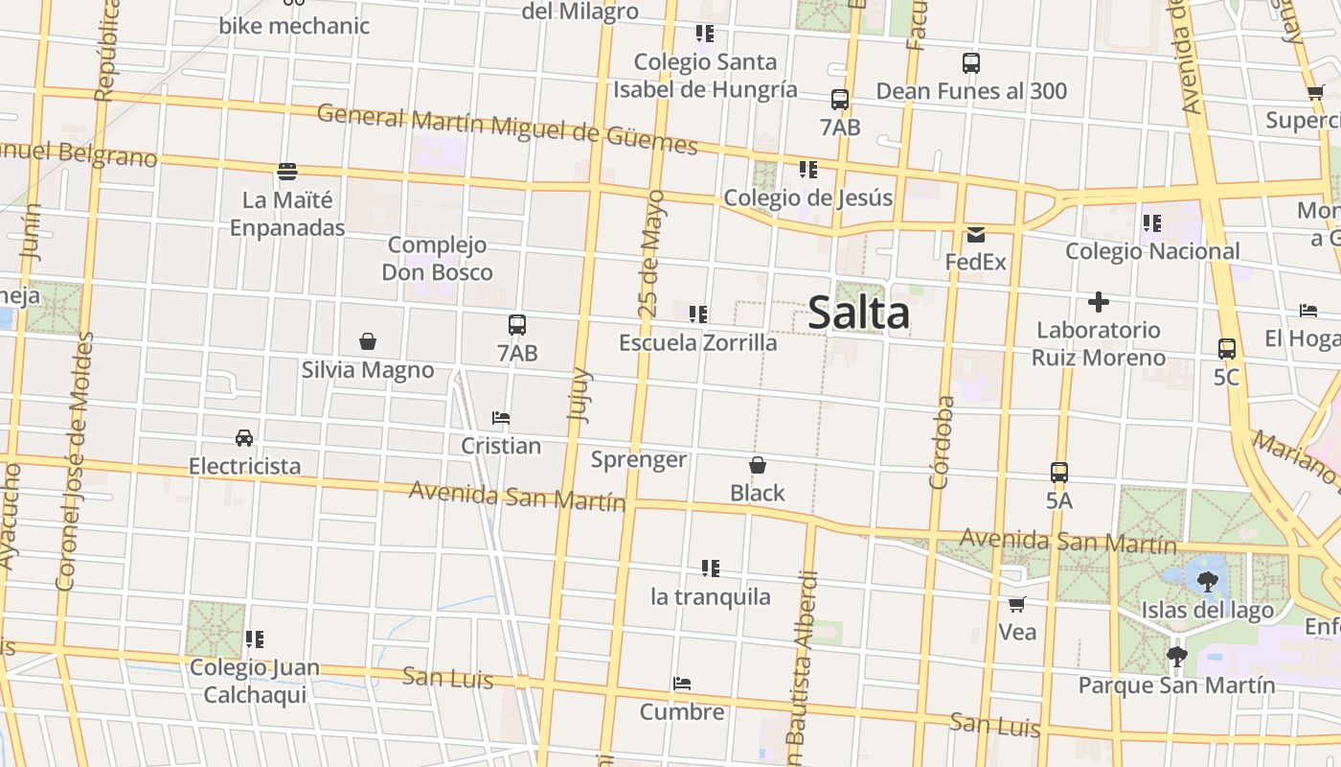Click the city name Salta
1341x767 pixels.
pyautogui.click(x=858, y=314)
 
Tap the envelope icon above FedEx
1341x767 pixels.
pyautogui.click(x=975, y=234)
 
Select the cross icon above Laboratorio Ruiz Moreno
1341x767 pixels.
pyautogui.click(x=1098, y=303)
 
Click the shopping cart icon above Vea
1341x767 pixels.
pyautogui.click(x=1016, y=604)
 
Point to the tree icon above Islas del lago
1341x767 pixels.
pyautogui.click(x=1207, y=580)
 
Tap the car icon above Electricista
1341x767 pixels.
pyautogui.click(x=244, y=438)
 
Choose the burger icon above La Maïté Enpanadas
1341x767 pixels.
pyautogui.click(x=287, y=173)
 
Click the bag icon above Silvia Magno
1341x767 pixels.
pyautogui.click(x=367, y=341)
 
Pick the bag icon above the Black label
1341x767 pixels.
pyautogui.click(x=757, y=465)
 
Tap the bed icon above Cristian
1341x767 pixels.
pyautogui.click(x=500, y=418)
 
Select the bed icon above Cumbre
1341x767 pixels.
pyautogui.click(x=682, y=684)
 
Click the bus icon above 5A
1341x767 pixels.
pyautogui.click(x=1058, y=473)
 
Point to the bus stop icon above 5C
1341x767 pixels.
pyautogui.click(x=1226, y=349)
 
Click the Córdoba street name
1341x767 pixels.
pyautogui.click(x=943, y=442)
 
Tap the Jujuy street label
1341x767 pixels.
pyautogui.click(x=580, y=394)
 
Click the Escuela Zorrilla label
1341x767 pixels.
pyautogui.click(x=697, y=342)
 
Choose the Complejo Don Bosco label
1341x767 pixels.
pyautogui.click(x=438, y=259)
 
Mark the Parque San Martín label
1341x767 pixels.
pyautogui.click(x=1176, y=686)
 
